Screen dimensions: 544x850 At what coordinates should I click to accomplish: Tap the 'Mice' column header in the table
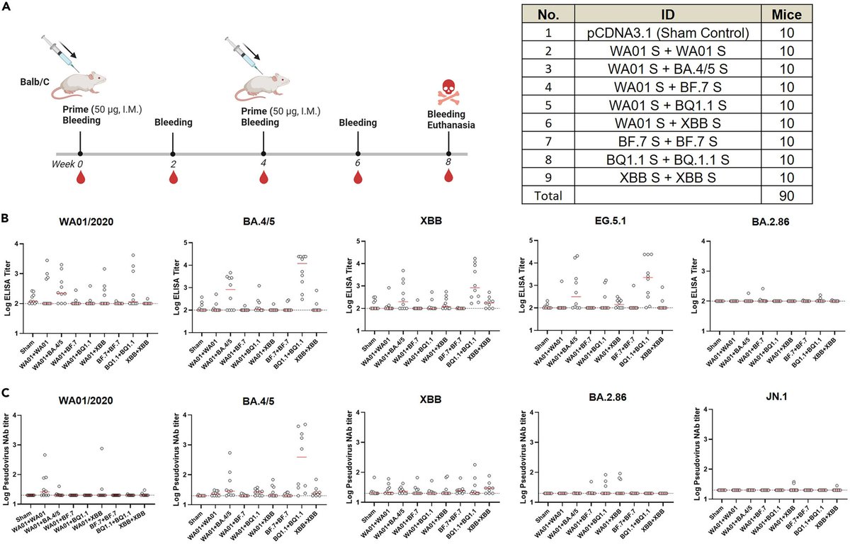click(786, 15)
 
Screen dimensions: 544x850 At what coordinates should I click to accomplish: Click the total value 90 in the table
click(786, 193)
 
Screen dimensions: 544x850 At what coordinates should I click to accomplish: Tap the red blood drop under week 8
click(448, 176)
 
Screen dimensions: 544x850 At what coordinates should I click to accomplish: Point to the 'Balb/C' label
click(33, 82)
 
